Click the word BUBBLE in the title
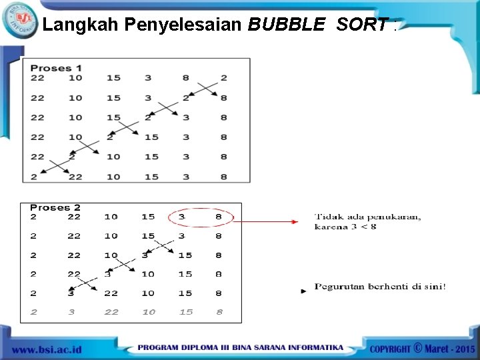(287, 25)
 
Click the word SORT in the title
(361, 25)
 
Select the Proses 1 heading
(56, 67)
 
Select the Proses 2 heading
(55, 207)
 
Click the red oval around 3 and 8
(201, 217)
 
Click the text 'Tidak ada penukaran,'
(367, 216)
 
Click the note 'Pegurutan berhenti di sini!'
(380, 287)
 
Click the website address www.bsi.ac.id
(47, 349)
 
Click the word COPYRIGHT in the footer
(390, 349)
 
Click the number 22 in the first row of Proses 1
(37, 78)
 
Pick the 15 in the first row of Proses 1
(113, 78)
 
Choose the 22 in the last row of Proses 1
(75, 177)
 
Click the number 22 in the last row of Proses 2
(111, 312)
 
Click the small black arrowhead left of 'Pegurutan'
(303, 291)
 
